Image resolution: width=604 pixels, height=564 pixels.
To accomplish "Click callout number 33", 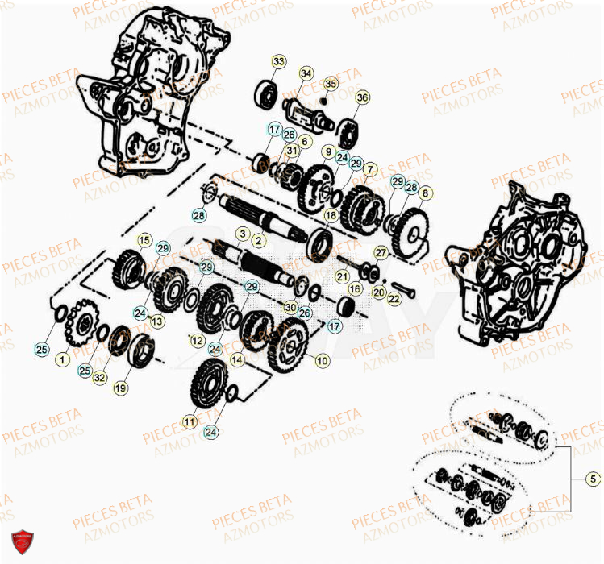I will [x=278, y=62].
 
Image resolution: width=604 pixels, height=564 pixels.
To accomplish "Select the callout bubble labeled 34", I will [x=306, y=74].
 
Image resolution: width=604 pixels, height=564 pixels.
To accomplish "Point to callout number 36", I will [x=362, y=97].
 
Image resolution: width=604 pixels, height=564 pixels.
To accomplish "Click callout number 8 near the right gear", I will [x=425, y=193].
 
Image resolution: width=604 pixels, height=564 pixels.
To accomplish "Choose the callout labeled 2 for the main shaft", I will [x=259, y=241].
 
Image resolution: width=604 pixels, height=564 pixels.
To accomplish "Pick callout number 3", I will [x=241, y=233].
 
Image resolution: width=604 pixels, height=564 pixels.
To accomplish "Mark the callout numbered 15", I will [x=144, y=239].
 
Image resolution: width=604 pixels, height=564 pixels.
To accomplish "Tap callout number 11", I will [x=190, y=421].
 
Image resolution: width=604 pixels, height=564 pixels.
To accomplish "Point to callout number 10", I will [x=322, y=361].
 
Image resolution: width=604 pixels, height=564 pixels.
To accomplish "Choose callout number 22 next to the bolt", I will [x=394, y=299].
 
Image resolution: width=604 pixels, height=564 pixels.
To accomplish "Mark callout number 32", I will [x=99, y=377].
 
